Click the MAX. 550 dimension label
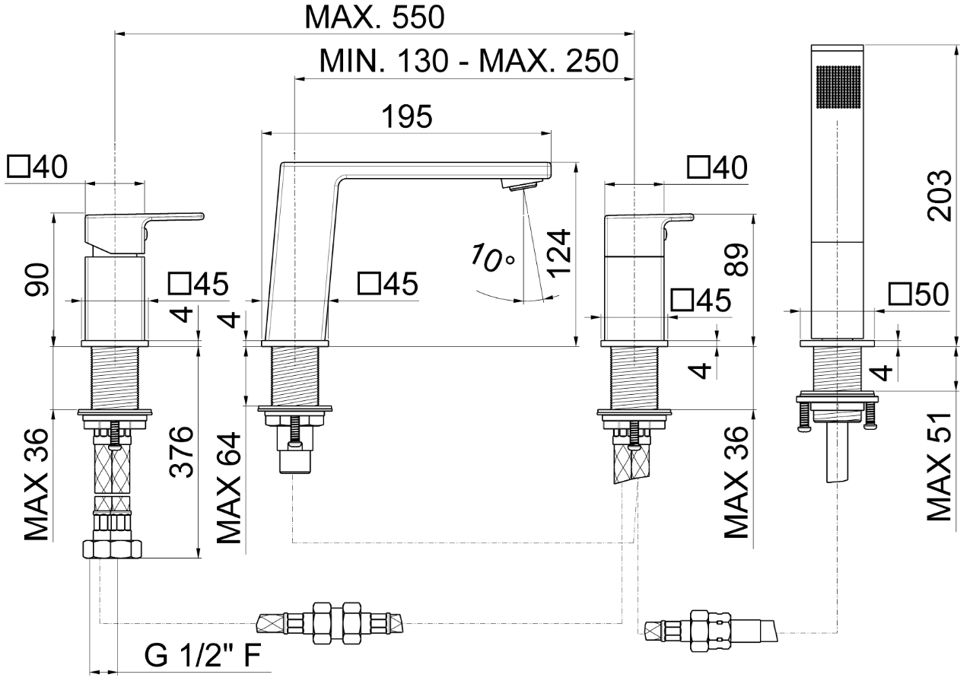coord(374,16)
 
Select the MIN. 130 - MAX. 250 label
coord(469,61)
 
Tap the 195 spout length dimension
coord(407,117)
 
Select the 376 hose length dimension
coord(180,453)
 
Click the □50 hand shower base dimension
coord(918,294)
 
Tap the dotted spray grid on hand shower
coord(836,91)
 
